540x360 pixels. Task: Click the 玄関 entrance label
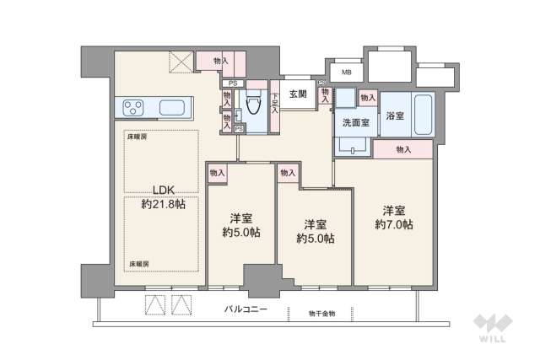(297, 94)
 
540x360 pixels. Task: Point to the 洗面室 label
(354, 121)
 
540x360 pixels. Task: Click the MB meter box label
(346, 73)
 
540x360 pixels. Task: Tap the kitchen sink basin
(175, 108)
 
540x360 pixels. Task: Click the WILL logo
(495, 328)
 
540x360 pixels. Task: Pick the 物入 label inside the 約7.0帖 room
(402, 149)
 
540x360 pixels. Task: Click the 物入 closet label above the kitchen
(220, 61)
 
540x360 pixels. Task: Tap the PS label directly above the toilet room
(232, 83)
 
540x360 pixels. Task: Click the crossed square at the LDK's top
(181, 62)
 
